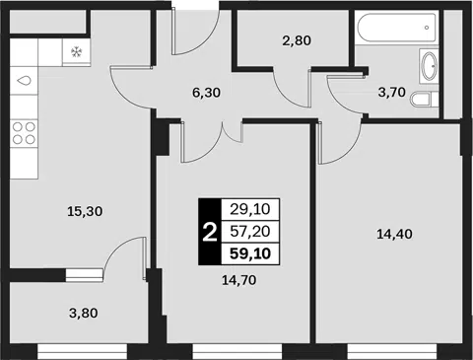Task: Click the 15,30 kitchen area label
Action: (x=85, y=211)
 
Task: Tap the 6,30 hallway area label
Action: (x=206, y=93)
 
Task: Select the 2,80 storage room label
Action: (x=297, y=40)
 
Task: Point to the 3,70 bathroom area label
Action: (x=392, y=93)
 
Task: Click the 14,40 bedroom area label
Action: (x=394, y=234)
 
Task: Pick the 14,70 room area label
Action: (x=239, y=280)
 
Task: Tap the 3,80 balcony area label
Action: (x=84, y=313)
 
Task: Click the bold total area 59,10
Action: (x=250, y=253)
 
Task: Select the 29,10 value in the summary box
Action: (x=250, y=209)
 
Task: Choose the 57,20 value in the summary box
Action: (x=250, y=232)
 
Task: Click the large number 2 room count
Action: (x=210, y=232)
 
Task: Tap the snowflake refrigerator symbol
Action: (x=76, y=51)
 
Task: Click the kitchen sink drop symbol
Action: (x=25, y=80)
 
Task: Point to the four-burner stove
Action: (x=24, y=133)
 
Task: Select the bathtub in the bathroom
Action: (x=396, y=28)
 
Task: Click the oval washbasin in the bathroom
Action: (x=429, y=66)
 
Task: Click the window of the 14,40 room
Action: (x=392, y=352)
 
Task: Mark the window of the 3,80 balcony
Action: (x=82, y=352)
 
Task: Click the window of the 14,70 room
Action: (x=237, y=352)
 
